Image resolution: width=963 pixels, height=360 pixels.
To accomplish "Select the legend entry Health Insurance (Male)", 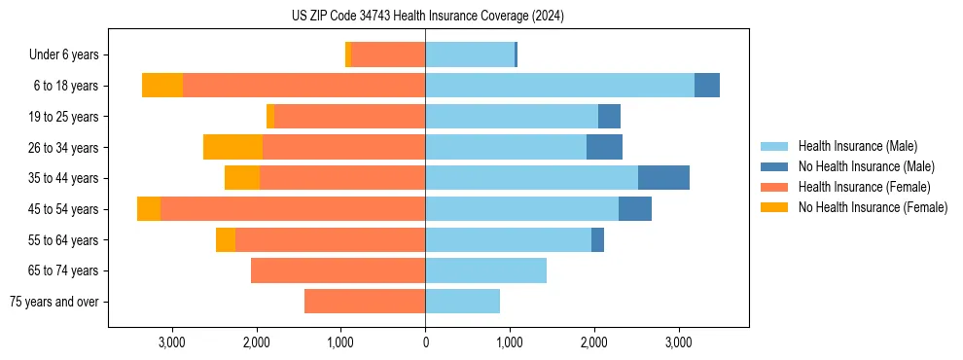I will [857, 146].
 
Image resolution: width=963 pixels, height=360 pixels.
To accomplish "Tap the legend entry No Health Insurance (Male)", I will [866, 166].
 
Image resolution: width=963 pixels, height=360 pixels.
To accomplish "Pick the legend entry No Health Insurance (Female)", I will [873, 207].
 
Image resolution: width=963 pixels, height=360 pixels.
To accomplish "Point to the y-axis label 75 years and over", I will [54, 302].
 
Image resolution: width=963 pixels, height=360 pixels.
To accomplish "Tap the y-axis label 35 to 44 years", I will [64, 178].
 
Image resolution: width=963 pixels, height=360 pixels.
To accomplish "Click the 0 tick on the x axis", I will [425, 342].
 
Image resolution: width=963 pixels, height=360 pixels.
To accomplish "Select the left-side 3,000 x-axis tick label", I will [171, 342].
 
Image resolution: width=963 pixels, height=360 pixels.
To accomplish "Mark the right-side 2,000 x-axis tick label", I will [594, 342].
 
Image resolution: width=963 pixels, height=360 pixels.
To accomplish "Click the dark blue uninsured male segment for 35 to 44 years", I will [663, 178].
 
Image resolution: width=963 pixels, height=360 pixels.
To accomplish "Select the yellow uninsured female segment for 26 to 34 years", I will [232, 147].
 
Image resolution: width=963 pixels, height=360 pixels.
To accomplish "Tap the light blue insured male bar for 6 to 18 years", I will [559, 86].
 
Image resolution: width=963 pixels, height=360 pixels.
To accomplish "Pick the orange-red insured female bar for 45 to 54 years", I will [292, 209].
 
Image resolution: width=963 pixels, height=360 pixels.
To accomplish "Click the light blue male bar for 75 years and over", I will [462, 302].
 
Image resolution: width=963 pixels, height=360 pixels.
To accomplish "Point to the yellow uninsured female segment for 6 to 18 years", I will [162, 86].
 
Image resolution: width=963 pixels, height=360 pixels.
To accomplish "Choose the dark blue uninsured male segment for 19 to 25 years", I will [609, 117].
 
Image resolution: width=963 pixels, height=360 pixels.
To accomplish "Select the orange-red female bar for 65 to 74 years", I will [338, 270].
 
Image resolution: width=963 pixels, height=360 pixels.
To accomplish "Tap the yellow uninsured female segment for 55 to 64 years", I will [226, 239].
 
